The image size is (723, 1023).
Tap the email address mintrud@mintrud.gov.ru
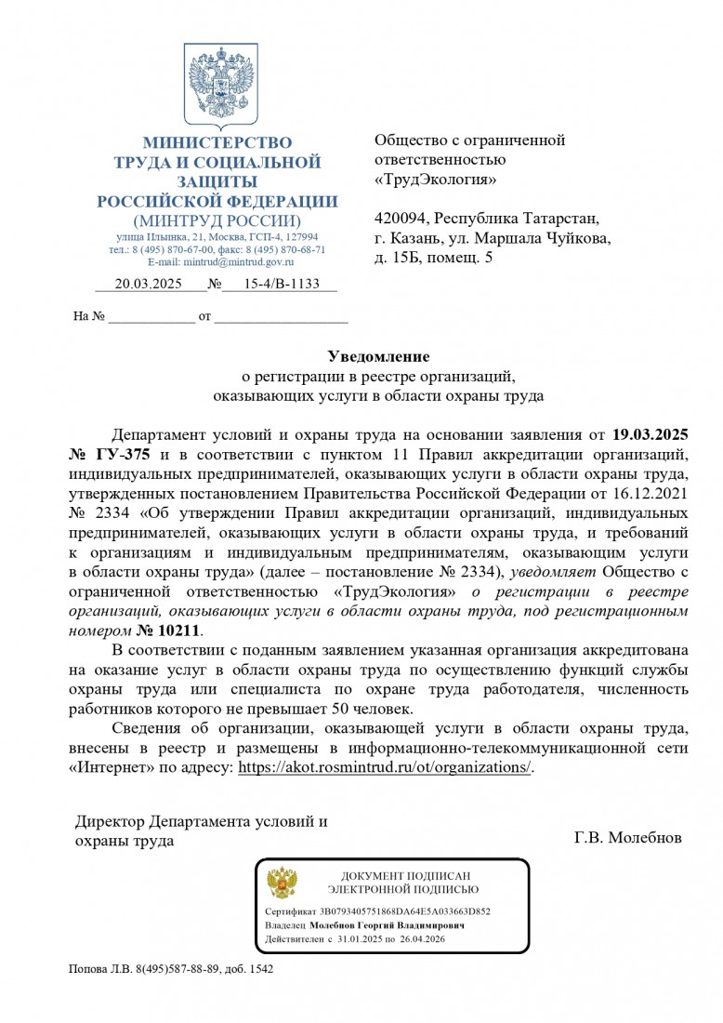pos(234,262)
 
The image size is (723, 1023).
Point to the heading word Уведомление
pos(378,356)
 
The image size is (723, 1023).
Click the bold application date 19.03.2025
pos(651,434)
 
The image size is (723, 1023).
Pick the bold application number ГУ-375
pos(124,455)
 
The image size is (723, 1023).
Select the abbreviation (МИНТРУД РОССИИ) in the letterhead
pos(217,221)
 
